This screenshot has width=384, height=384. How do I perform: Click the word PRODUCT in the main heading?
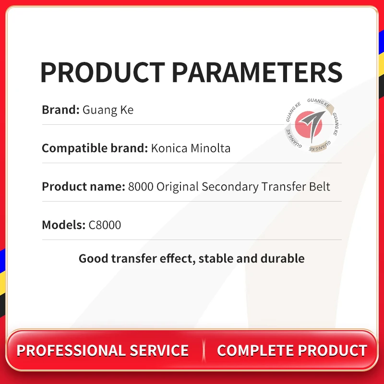(103, 72)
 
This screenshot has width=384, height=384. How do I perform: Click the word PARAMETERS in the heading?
(257, 72)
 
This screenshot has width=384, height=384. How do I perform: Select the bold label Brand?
(61, 109)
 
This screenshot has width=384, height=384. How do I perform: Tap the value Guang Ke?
(108, 110)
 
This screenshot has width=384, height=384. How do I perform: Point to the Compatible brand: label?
(95, 148)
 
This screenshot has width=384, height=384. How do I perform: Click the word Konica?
(169, 148)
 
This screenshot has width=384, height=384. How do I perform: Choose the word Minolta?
(211, 148)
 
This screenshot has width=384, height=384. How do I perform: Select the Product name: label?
(84, 186)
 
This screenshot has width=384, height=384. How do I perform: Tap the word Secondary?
(230, 187)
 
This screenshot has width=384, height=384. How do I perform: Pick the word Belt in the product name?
(320, 186)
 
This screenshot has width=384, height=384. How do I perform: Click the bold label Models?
(64, 225)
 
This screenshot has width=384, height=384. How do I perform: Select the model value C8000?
(105, 225)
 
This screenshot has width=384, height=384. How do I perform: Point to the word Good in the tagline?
(93, 258)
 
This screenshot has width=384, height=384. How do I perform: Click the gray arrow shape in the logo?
(312, 125)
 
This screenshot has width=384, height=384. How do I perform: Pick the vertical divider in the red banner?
(204, 350)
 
